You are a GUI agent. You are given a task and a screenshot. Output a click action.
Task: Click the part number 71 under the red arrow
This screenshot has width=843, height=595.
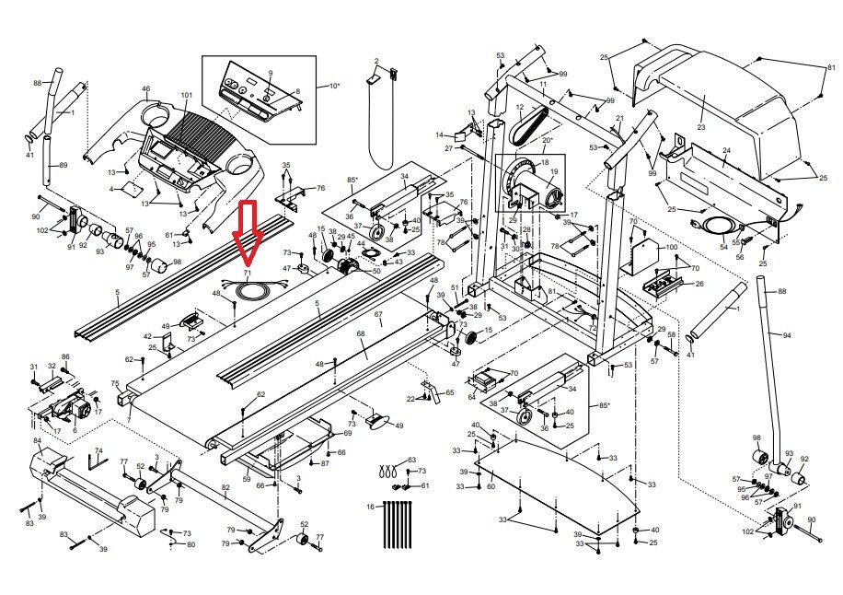click(x=247, y=274)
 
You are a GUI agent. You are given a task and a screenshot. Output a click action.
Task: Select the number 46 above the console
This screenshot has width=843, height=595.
click(x=145, y=89)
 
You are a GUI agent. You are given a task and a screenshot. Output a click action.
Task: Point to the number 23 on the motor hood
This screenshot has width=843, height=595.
click(x=700, y=127)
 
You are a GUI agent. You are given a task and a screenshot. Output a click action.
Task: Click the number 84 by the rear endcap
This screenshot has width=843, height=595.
click(x=37, y=441)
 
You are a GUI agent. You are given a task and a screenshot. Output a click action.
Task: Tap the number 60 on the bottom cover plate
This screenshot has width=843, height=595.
click(x=491, y=485)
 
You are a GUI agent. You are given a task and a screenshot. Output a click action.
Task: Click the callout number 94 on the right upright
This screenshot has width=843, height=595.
click(x=786, y=334)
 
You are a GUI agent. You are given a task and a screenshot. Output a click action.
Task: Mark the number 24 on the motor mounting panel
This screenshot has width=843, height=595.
click(x=726, y=150)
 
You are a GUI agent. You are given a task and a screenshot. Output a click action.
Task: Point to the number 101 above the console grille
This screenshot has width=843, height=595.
click(x=187, y=96)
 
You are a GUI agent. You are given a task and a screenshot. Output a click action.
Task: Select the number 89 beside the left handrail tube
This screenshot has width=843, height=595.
click(x=63, y=165)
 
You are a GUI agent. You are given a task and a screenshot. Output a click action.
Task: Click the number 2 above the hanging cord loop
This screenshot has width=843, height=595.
click(x=376, y=61)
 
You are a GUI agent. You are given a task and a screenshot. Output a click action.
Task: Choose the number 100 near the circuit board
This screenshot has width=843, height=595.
click(x=671, y=248)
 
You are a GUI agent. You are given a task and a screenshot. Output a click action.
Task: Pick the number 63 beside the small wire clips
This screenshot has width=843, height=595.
click(x=411, y=459)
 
